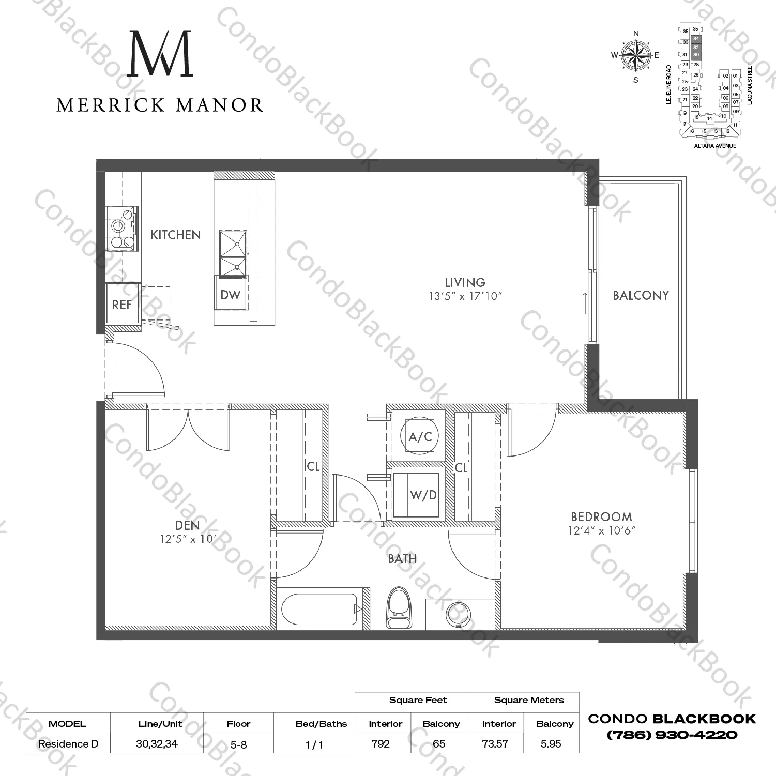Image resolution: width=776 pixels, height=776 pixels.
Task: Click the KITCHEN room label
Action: point(175,235)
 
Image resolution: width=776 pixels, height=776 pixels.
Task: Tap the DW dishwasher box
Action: point(231,295)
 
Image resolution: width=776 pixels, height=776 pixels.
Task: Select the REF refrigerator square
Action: point(123,305)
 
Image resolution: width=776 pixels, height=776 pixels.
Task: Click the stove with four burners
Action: point(122,228)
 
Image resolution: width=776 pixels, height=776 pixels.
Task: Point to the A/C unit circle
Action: point(420,437)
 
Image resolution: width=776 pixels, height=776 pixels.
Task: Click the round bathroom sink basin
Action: point(458,615)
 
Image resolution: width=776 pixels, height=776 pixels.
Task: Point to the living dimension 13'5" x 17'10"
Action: point(465,297)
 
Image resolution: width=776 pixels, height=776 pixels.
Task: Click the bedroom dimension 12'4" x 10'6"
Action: point(601,530)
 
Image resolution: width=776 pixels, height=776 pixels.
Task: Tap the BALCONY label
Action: point(641,296)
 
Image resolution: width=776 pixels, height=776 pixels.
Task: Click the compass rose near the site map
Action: point(635,56)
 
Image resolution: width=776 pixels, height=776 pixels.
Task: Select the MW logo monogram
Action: point(160,54)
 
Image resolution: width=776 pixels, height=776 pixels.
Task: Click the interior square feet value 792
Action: point(381,744)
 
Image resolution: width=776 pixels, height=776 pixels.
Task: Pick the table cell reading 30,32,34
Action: point(157,744)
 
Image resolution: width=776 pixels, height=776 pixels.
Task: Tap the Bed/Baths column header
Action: point(321,724)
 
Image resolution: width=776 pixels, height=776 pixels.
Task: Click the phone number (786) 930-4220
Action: point(672,735)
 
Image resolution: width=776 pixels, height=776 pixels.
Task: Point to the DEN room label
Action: point(187,526)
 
